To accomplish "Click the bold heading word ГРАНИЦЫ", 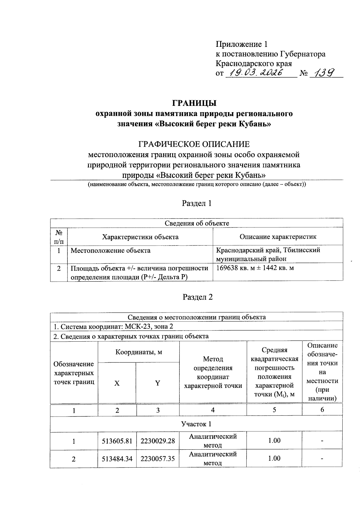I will click(194, 103).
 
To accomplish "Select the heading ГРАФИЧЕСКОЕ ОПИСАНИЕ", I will click(194, 145).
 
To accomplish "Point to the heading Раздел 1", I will click(197, 203).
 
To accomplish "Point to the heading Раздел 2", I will click(197, 297).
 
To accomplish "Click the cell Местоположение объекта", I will click(110, 250).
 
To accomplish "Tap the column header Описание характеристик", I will click(278, 237).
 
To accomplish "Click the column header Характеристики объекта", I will click(140, 237).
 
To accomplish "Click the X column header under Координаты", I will click(117, 383).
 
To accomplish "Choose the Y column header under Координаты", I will click(157, 383).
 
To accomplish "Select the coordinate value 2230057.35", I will click(157, 459).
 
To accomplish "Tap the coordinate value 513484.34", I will click(117, 459).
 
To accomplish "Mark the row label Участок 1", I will click(196, 424).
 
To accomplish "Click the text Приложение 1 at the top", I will click(241, 45).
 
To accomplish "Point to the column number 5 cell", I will click(274, 410).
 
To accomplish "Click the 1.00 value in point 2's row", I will click(274, 458).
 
